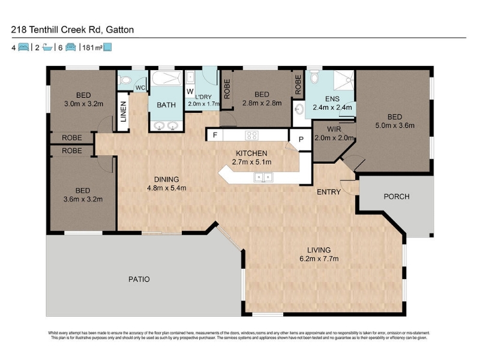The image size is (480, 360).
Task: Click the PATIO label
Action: (x=139, y=279)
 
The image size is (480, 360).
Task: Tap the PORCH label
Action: (x=397, y=197)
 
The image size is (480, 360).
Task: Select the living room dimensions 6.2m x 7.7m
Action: (x=319, y=259)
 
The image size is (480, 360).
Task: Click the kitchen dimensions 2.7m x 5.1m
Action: (x=251, y=162)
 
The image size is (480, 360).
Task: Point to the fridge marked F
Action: (x=215, y=135)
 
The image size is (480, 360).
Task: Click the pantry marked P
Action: (x=301, y=139)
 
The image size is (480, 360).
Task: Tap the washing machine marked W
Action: (x=190, y=91)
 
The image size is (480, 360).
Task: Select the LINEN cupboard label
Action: (x=124, y=112)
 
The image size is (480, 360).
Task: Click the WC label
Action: (x=140, y=88)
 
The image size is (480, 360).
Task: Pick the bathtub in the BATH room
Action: (x=166, y=79)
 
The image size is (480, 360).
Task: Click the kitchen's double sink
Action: (x=263, y=177)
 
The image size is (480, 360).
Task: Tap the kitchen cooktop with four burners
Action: (x=251, y=135)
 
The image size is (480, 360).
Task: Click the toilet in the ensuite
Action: (x=314, y=77)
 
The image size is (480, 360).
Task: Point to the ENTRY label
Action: (x=328, y=192)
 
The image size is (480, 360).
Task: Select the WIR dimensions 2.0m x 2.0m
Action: (x=334, y=138)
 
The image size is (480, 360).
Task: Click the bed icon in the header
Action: (x=23, y=47)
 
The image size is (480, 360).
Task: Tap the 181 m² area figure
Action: (x=92, y=47)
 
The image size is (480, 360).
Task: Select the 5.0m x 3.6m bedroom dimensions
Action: (x=395, y=125)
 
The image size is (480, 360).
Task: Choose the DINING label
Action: (x=166, y=179)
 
